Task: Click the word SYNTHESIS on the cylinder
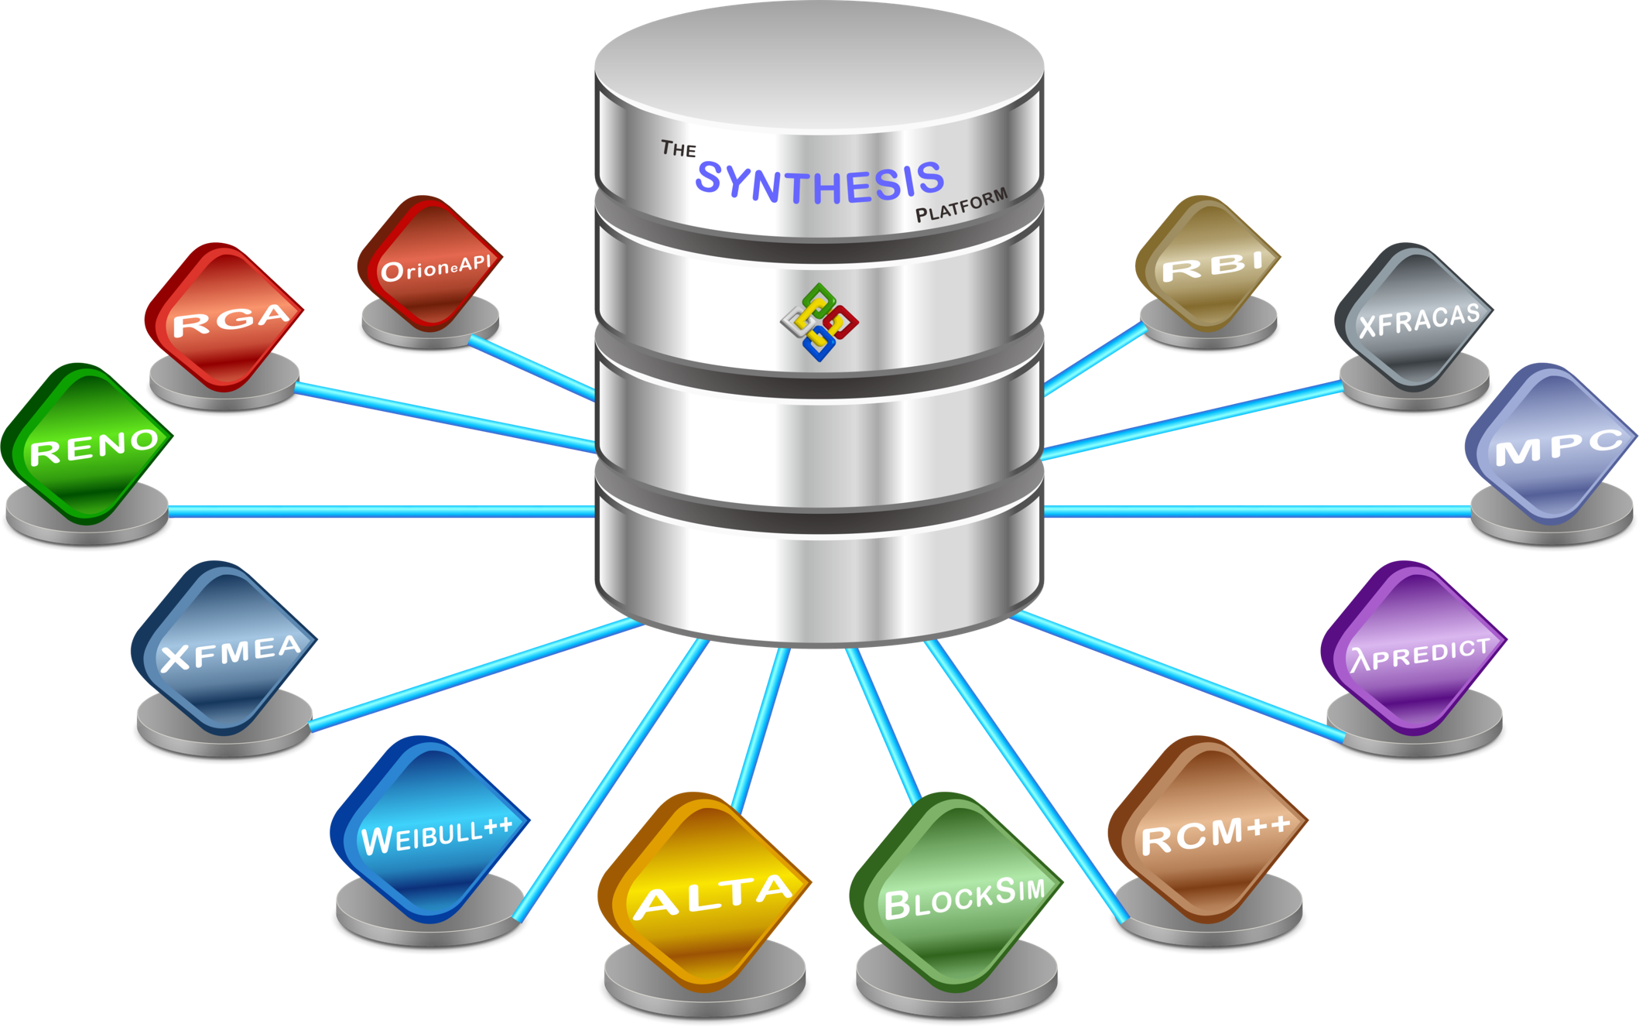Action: click(819, 183)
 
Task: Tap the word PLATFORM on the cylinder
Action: click(961, 205)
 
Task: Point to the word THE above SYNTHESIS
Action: click(679, 149)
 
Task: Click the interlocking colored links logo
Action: click(819, 322)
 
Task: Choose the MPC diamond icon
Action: click(1551, 444)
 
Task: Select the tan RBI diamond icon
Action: click(1207, 263)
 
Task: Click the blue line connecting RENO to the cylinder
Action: click(379, 511)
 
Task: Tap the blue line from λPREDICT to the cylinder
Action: click(1176, 675)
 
